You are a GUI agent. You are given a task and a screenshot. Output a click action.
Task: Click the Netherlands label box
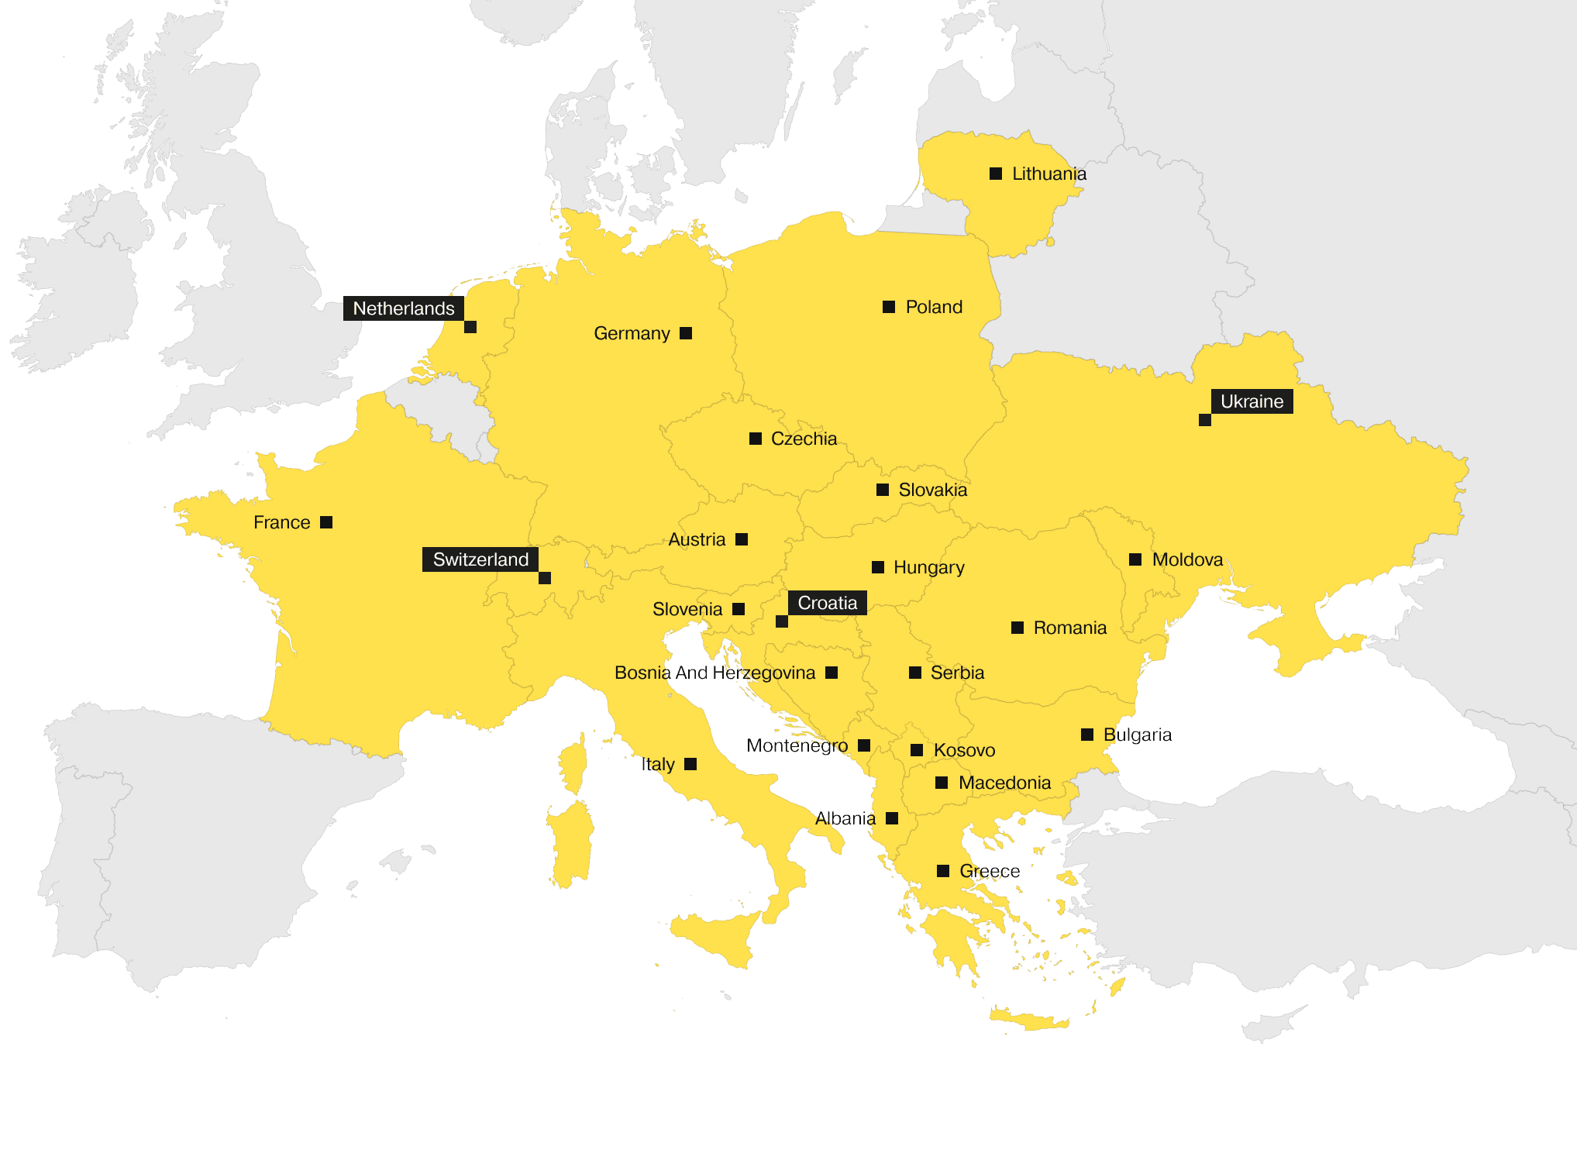(x=404, y=308)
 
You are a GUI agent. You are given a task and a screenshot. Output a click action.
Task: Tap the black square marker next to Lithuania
(x=996, y=174)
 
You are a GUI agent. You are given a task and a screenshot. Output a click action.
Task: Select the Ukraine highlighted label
(x=1252, y=401)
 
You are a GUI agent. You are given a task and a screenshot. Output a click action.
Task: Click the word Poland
(x=934, y=307)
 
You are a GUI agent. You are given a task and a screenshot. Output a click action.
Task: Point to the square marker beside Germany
(x=686, y=333)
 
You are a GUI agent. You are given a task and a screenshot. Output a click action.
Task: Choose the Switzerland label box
(x=480, y=559)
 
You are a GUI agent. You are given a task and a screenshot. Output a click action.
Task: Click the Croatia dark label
(x=827, y=603)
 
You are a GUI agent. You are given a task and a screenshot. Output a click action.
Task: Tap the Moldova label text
(x=1187, y=559)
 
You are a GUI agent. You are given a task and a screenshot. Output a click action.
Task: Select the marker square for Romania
(x=1017, y=628)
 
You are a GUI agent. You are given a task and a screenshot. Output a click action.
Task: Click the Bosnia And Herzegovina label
(x=714, y=673)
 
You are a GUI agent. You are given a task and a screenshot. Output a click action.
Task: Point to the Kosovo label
(x=964, y=750)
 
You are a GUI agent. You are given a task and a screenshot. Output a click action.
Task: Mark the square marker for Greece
(x=943, y=871)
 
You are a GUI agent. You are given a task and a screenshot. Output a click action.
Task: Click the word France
(x=281, y=522)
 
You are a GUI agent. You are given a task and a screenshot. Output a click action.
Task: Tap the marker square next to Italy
(x=690, y=764)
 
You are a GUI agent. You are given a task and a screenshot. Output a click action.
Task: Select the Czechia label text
(x=804, y=439)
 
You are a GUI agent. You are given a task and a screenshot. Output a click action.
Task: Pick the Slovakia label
(x=932, y=490)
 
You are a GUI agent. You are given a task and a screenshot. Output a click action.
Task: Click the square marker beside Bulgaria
(x=1087, y=735)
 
